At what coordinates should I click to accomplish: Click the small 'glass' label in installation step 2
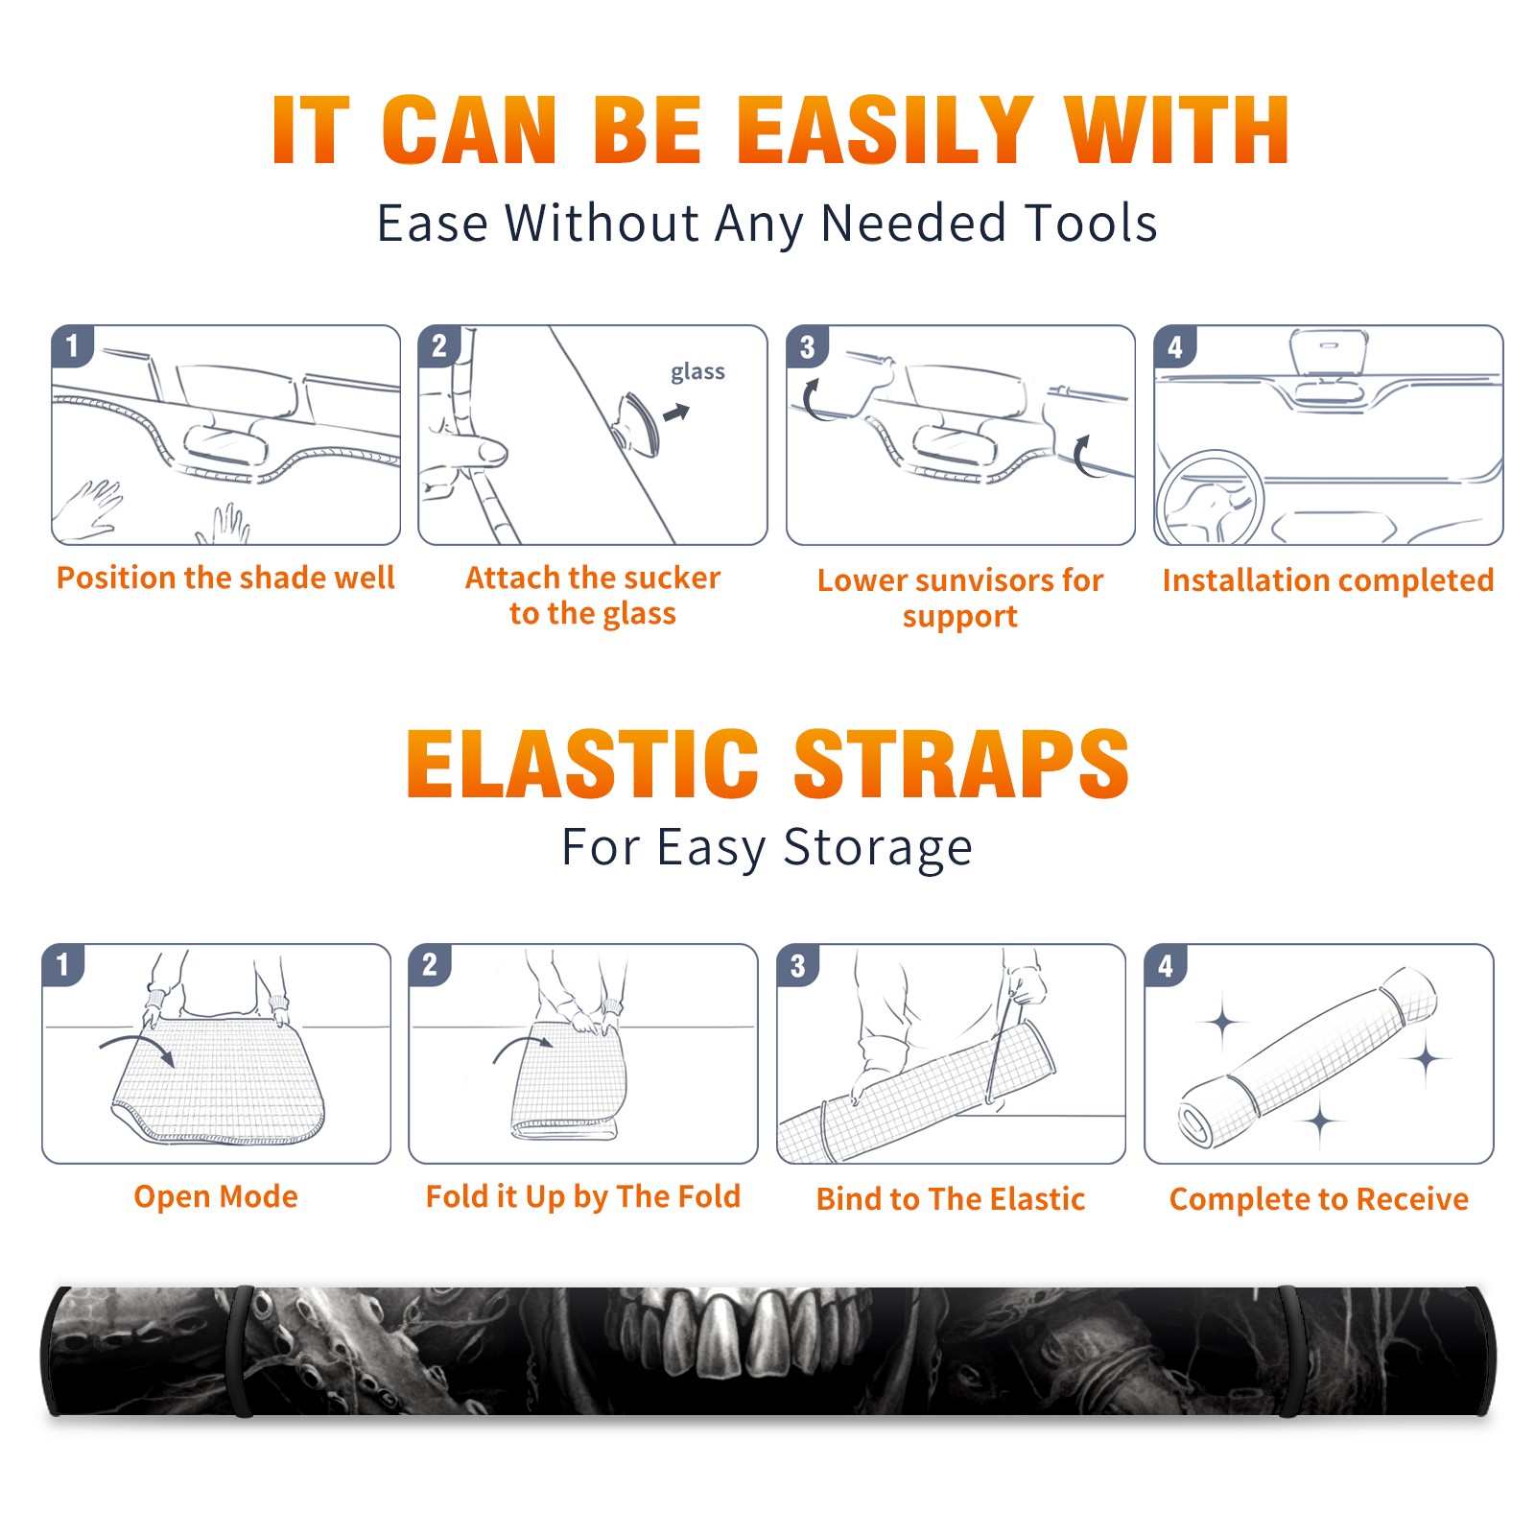coord(697,372)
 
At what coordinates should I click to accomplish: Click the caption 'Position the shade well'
coord(225,578)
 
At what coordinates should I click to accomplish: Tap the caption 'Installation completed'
coord(1328,580)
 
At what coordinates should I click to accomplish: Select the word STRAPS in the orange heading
coord(961,765)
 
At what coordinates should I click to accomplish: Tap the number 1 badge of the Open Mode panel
coord(63,964)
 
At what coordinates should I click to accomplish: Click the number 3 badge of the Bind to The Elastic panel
coord(798,965)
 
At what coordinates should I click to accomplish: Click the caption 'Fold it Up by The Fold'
coord(583,1196)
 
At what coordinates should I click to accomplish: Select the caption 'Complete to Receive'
coord(1319,1199)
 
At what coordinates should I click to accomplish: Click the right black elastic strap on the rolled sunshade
coord(1290,1352)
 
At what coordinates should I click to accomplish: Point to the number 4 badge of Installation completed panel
coord(1175,346)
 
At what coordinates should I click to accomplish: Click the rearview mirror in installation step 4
coord(1328,354)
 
